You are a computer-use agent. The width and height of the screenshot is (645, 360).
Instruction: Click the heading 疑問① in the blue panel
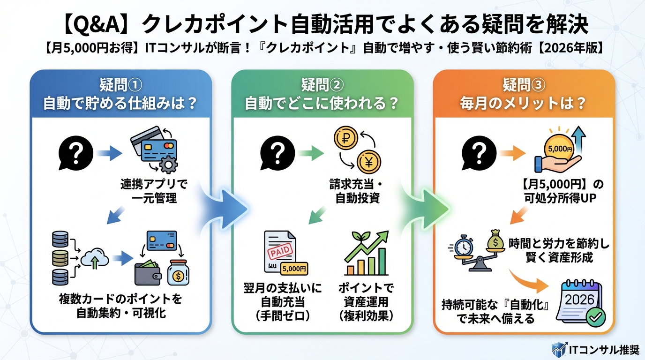(120, 85)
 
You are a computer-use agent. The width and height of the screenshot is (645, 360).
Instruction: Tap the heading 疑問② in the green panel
(322, 85)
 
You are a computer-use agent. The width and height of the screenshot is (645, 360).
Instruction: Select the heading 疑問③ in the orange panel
(524, 85)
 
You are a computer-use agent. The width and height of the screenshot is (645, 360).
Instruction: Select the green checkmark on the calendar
(596, 317)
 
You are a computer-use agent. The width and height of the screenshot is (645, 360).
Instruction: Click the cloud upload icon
(95, 258)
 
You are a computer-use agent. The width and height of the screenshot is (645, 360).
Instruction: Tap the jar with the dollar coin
(179, 272)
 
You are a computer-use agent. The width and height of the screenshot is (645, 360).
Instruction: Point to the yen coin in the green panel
(368, 163)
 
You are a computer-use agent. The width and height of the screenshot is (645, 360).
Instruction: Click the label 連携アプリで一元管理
(153, 191)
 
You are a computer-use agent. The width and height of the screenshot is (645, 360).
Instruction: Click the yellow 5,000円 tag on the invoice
(294, 269)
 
